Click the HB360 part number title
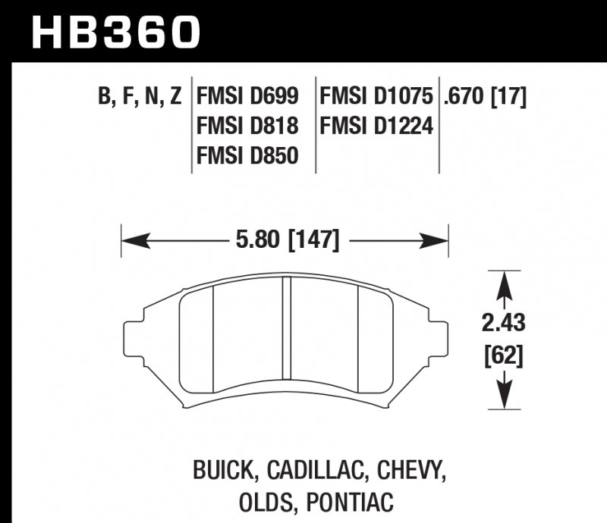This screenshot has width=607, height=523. (115, 32)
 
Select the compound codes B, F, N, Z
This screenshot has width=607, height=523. (140, 97)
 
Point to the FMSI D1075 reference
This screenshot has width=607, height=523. (376, 97)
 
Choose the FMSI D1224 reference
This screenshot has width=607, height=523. (376, 126)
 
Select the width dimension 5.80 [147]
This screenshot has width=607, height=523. (286, 243)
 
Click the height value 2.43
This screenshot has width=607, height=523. (502, 324)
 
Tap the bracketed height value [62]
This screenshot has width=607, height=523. (502, 354)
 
